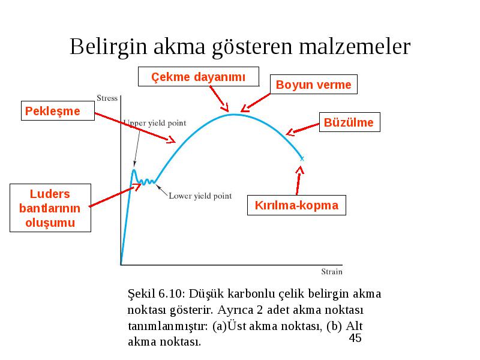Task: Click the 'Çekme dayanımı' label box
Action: [x=199, y=77]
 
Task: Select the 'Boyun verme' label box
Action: [x=313, y=84]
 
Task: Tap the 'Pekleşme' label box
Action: [x=58, y=110]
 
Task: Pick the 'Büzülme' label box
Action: [x=350, y=122]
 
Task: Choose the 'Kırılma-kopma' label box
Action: [x=296, y=205]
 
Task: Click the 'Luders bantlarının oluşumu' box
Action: [x=50, y=208]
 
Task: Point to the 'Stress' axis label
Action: [x=107, y=98]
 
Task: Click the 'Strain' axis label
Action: [x=332, y=272]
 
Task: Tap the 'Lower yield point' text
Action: [x=200, y=196]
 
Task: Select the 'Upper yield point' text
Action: [x=155, y=123]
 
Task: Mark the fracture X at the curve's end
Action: [x=302, y=158]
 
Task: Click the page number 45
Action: [x=355, y=338]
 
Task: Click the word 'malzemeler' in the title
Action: [x=355, y=47]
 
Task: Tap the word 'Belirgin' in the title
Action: [x=109, y=47]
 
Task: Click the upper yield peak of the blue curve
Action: [x=134, y=170]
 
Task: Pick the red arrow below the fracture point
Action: [x=299, y=181]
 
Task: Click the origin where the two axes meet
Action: [x=121, y=265]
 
